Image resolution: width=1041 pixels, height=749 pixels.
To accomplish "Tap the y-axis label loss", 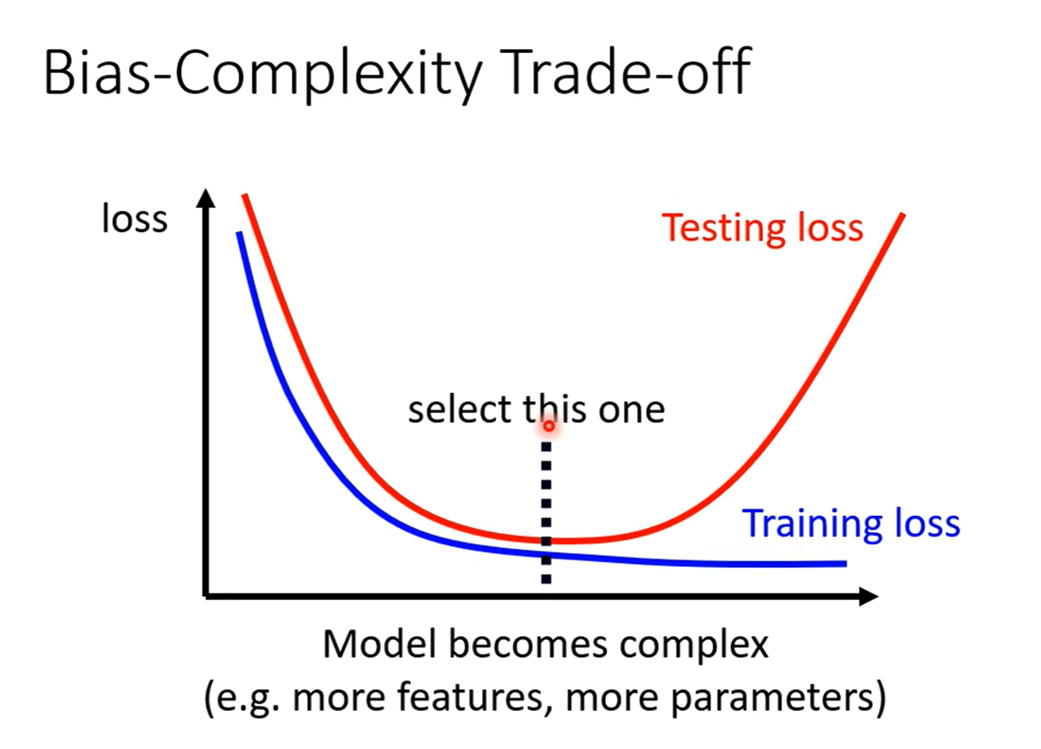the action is pos(135,218).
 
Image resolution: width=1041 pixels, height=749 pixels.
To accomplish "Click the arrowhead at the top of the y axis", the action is pos(206,198).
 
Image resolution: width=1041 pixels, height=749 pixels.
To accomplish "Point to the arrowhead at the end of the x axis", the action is pos(868,596).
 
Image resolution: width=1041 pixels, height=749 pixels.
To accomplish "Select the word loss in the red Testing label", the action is pos(830,227).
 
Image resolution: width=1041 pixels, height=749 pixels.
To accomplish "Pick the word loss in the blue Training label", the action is pos(927,523).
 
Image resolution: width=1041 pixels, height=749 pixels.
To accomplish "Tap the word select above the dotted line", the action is pos(460,409).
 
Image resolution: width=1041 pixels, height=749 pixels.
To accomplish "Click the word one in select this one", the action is pos(632,411).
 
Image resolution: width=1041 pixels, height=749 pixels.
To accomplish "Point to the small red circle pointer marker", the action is pos(549,426).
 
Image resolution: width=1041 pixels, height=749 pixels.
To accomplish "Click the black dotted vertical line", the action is pos(547,512).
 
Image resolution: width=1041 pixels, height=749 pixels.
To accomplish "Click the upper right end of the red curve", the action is pos(903,215).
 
